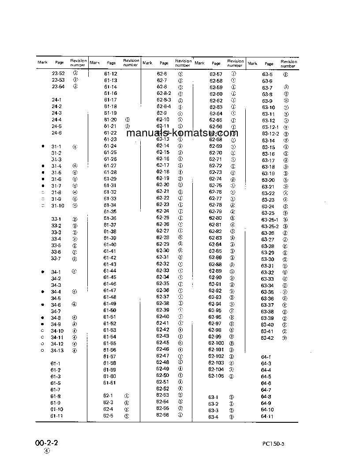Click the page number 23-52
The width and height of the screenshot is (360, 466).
pyautogui.click(x=58, y=73)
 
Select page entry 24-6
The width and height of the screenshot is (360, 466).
pyautogui.click(x=56, y=133)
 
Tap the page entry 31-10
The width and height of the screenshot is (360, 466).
pyautogui.click(x=58, y=206)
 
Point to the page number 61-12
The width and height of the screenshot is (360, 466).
pyautogui.click(x=110, y=74)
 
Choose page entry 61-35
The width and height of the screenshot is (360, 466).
pyautogui.click(x=110, y=212)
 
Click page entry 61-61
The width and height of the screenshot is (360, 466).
pyautogui.click(x=110, y=383)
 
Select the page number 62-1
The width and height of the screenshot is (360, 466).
pyautogui.click(x=108, y=396)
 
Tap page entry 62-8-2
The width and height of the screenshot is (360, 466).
pyautogui.click(x=164, y=94)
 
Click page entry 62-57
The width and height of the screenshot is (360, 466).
pyautogui.click(x=216, y=75)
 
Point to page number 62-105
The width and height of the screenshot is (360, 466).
pyautogui.click(x=217, y=376)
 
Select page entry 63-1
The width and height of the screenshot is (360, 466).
pyautogui.click(x=214, y=397)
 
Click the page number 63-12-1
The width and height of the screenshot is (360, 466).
pyautogui.click(x=270, y=127)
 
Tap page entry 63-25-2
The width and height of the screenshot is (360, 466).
pyautogui.click(x=270, y=226)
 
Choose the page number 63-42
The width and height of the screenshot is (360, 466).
pyautogui.click(x=267, y=338)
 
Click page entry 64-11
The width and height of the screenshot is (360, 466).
pyautogui.click(x=267, y=417)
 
